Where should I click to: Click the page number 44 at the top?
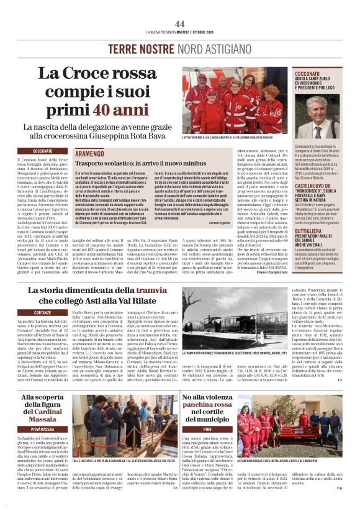point(180,24)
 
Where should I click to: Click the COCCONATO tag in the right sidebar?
point(310,73)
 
